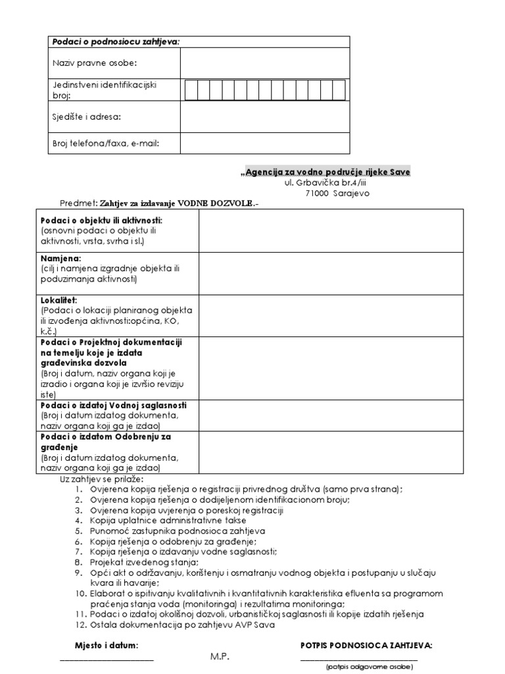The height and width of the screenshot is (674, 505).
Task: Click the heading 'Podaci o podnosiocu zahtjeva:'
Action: (x=115, y=42)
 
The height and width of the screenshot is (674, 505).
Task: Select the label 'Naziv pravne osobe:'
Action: (x=95, y=63)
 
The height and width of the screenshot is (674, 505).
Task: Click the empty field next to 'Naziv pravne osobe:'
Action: (x=265, y=63)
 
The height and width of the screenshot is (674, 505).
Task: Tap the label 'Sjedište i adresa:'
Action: (x=87, y=117)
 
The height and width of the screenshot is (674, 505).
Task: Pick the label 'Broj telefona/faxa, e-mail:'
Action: (x=106, y=142)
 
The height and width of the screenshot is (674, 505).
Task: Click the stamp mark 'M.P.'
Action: (x=220, y=658)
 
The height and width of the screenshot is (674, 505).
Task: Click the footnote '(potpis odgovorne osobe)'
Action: (x=370, y=667)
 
